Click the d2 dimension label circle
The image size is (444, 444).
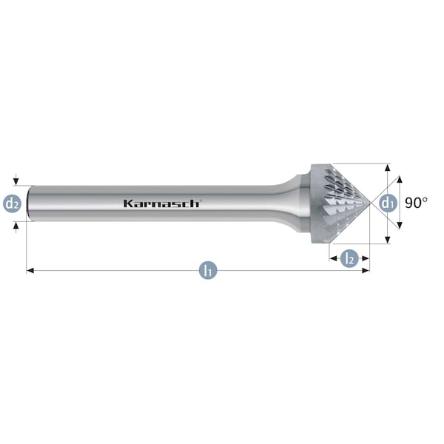click(12, 203)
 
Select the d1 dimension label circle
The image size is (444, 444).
click(387, 203)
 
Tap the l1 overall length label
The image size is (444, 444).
click(208, 270)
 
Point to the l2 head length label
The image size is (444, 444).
click(350, 258)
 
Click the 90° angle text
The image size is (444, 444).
click(416, 203)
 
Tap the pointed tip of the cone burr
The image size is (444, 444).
click(370, 203)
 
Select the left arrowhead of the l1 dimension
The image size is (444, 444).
click(30, 271)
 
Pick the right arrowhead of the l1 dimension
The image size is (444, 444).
click(366, 271)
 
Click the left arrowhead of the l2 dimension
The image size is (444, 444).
click(333, 258)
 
